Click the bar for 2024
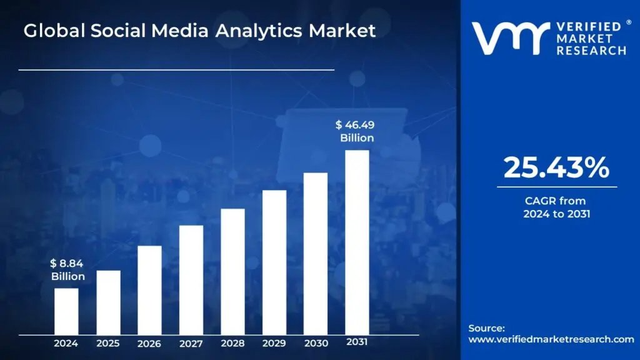(x=66, y=311)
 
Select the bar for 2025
(x=108, y=302)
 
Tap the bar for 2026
(x=149, y=290)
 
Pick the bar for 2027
(x=191, y=280)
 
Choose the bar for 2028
(x=232, y=272)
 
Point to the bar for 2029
(x=274, y=262)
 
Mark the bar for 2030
(x=316, y=254)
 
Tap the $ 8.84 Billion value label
(x=67, y=270)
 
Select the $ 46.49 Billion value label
(x=356, y=131)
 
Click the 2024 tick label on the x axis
(x=66, y=343)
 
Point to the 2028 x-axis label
(x=232, y=343)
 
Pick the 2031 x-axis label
(x=357, y=342)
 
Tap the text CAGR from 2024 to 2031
(x=556, y=207)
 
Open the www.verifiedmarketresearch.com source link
(x=551, y=339)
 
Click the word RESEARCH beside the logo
(x=591, y=51)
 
